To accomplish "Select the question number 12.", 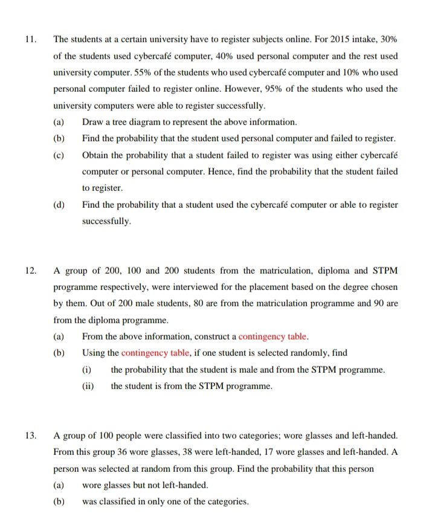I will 30,269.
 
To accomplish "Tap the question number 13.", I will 30,435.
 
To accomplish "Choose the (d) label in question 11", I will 59,205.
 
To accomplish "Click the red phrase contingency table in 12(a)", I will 273,336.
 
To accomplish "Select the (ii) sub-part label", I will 88,386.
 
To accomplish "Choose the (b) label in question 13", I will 59,501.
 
